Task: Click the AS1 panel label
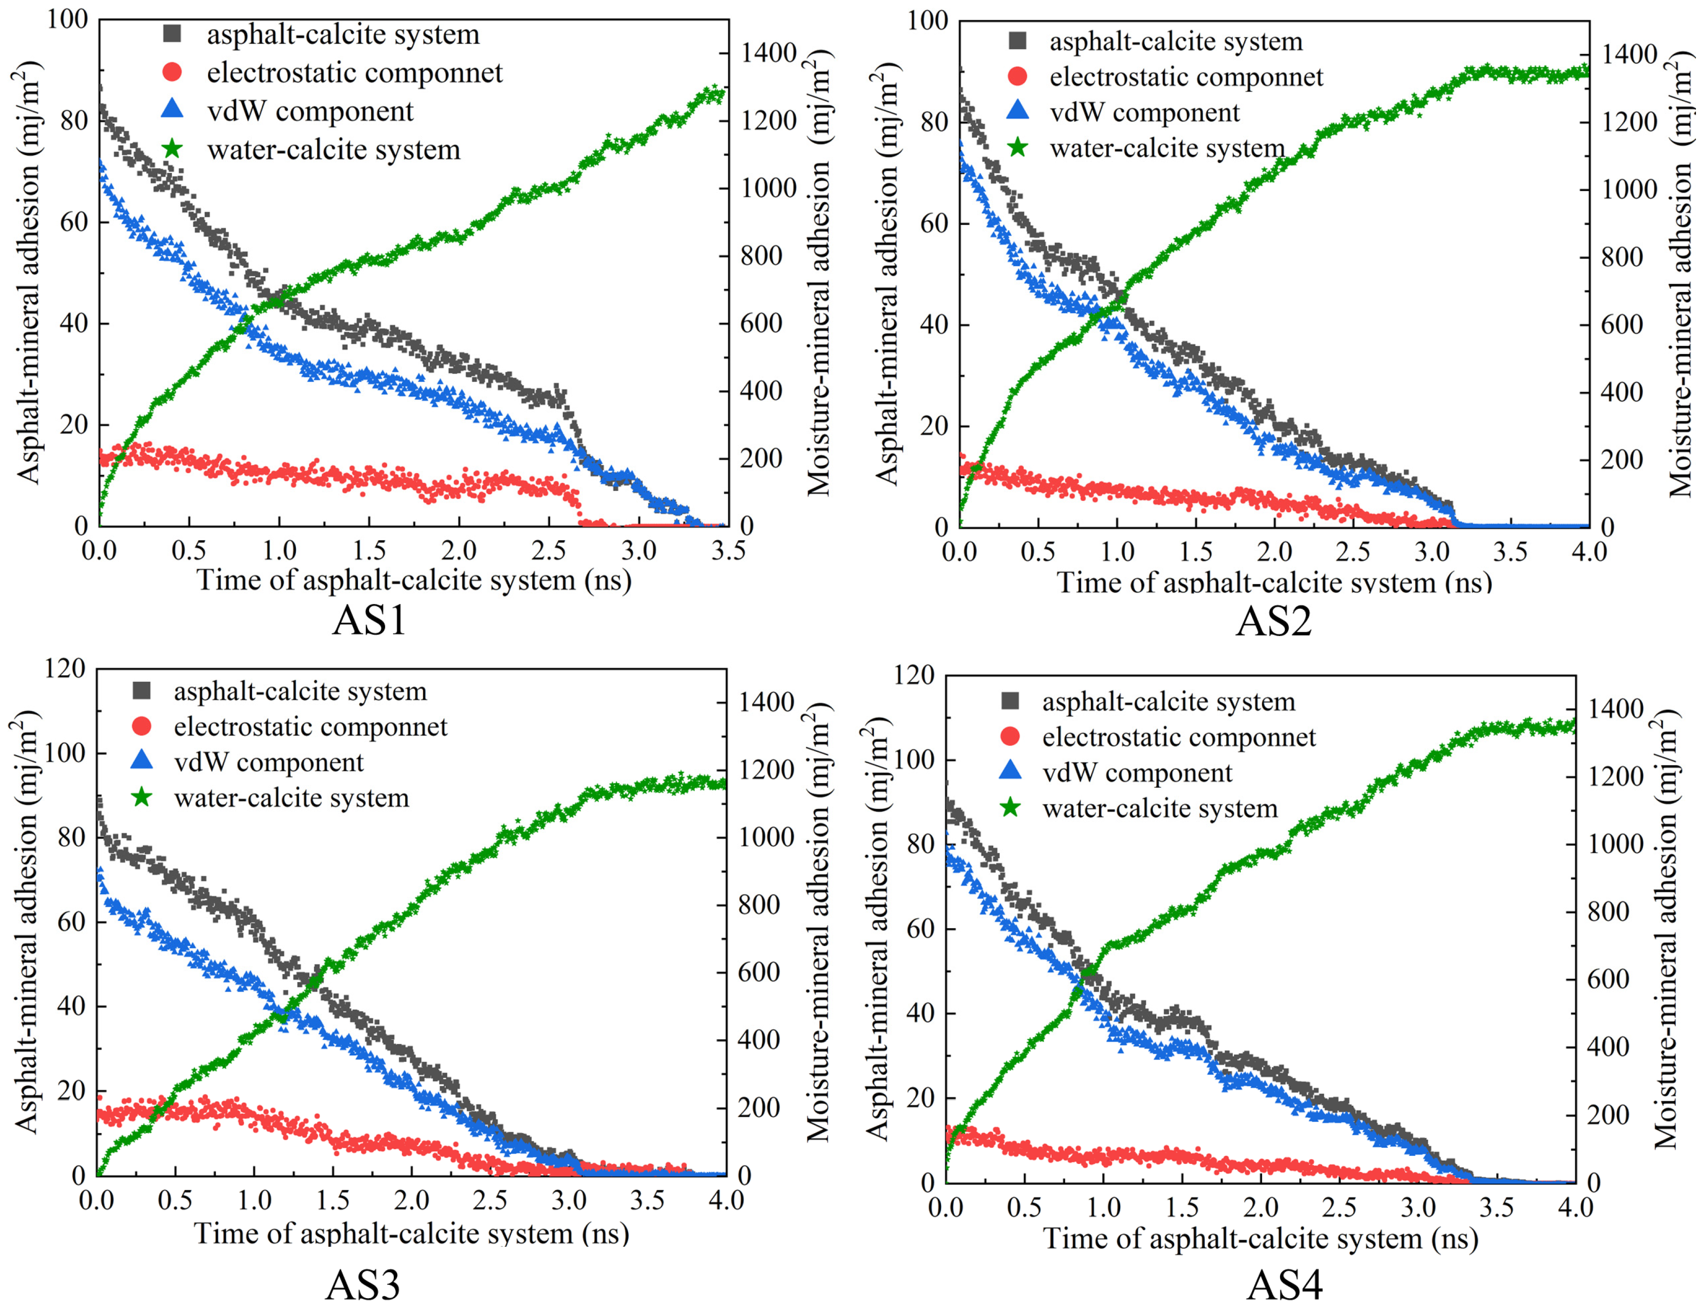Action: click(369, 621)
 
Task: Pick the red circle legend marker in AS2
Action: click(1018, 77)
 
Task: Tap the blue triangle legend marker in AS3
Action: click(143, 760)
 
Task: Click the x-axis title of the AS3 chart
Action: click(411, 1233)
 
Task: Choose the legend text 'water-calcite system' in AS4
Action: click(1160, 808)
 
